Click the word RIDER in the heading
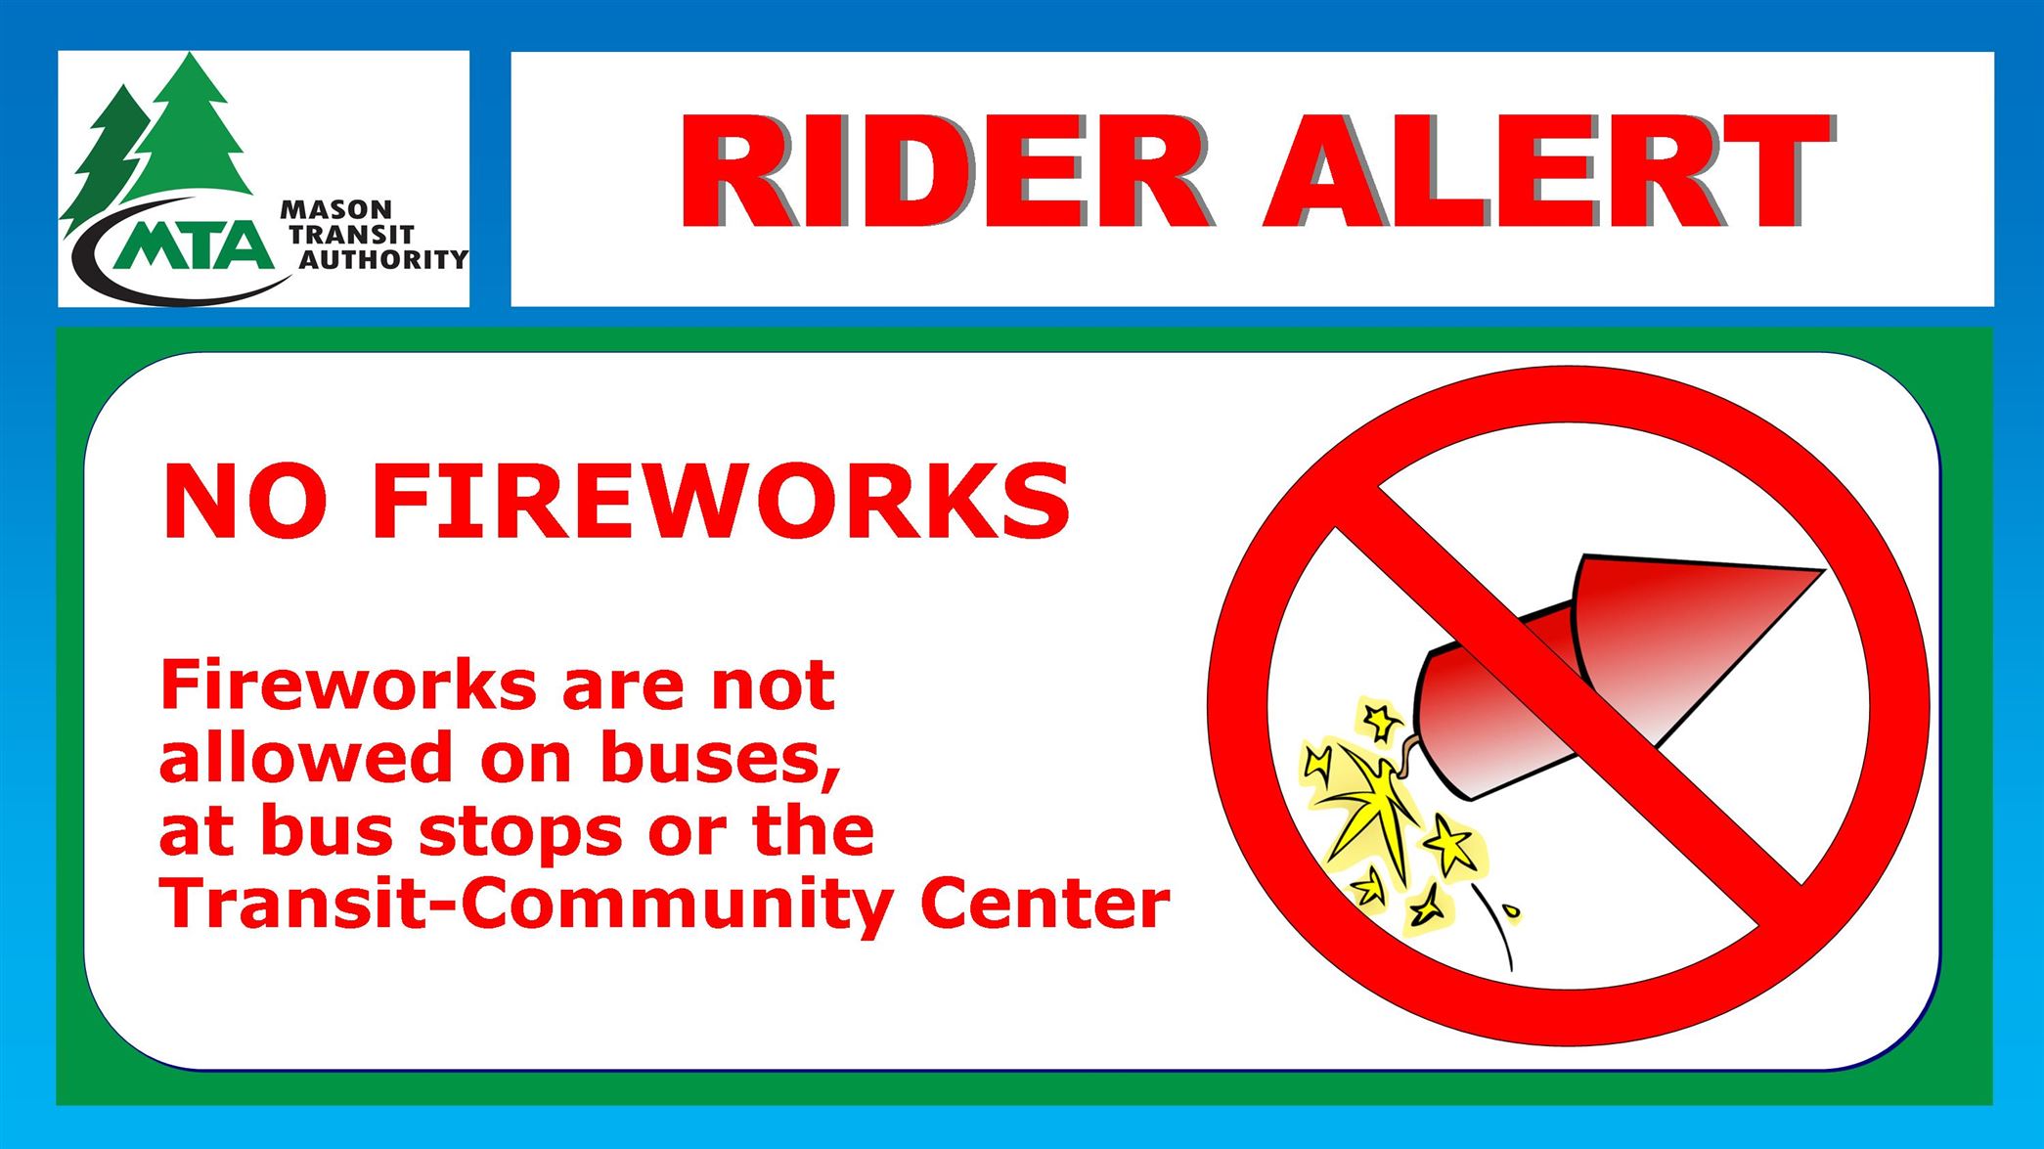(x=945, y=171)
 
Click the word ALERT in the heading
(x=1549, y=171)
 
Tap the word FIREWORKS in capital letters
(x=722, y=501)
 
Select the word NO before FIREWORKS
(x=244, y=501)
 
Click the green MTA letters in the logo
(x=193, y=244)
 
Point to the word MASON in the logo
(x=335, y=209)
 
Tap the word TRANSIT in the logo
(x=352, y=235)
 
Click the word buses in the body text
(x=721, y=759)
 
